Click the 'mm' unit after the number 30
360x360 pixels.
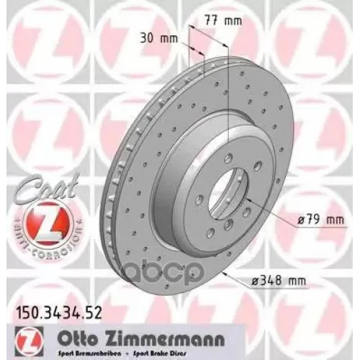(x=169, y=37)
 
